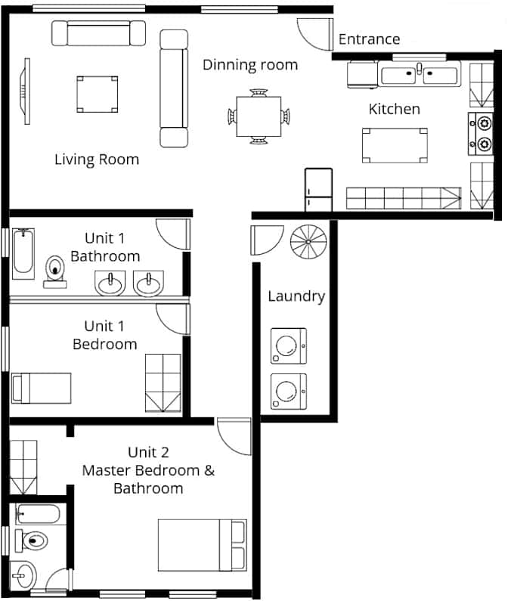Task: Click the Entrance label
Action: click(369, 39)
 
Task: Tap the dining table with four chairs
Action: click(259, 116)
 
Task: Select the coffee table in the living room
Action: click(97, 94)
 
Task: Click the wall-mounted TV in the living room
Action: click(26, 91)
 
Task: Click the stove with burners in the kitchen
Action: click(481, 132)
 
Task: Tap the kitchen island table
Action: click(395, 145)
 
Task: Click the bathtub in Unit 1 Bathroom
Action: click(23, 252)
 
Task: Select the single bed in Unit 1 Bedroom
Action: click(42, 388)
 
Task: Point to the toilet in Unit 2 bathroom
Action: click(32, 541)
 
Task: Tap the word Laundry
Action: click(296, 296)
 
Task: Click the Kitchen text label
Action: click(394, 109)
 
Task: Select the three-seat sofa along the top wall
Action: click(98, 33)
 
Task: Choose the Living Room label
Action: click(97, 160)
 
